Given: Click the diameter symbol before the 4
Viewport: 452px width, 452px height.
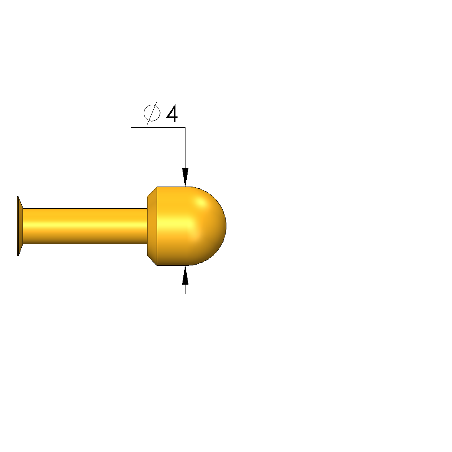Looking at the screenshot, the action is tap(152, 113).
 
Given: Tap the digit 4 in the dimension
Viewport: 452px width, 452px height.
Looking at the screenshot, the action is tap(172, 114).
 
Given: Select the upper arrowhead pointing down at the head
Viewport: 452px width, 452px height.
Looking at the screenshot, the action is tap(185, 177).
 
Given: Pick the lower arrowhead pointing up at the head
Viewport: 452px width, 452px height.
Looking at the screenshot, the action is tap(185, 275).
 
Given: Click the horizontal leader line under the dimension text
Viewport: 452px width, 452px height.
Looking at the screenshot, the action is tap(158, 127).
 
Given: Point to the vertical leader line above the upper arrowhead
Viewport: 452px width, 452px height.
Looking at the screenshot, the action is tap(185, 148).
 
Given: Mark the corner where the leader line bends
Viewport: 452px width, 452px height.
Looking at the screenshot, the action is tap(185, 127).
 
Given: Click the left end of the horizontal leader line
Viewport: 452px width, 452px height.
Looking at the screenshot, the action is tap(131, 127).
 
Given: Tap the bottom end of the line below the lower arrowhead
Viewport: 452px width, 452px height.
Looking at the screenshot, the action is tap(185, 294).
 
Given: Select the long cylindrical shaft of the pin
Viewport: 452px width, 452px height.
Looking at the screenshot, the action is tap(85, 226).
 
